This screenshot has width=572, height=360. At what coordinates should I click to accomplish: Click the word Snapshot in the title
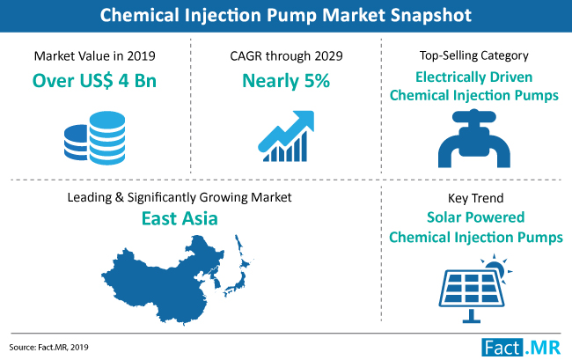point(431,16)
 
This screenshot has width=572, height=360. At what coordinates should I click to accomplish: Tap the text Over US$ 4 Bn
point(94,81)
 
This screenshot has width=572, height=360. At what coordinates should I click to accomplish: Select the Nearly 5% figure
point(286,81)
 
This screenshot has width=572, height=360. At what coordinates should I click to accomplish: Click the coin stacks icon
point(94,138)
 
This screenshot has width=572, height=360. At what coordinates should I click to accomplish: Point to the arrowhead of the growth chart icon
point(304,120)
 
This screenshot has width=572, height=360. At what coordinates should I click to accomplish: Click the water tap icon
point(473,138)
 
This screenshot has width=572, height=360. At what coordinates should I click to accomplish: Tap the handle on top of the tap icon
point(473,116)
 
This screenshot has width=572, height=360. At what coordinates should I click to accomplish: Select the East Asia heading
point(180,218)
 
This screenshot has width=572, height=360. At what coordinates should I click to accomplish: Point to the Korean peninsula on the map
point(216,280)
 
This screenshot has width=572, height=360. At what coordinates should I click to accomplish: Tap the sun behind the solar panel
point(496,268)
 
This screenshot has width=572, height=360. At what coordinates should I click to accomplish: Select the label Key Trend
point(475,198)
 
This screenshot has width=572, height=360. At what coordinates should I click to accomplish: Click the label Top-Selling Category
point(473,55)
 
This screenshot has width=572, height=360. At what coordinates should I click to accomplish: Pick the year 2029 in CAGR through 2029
point(328,55)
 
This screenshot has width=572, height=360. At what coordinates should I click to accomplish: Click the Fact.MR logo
point(521,348)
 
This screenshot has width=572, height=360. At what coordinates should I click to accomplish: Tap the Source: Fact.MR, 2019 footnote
point(49,347)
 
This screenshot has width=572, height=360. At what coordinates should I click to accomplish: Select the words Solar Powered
point(476,217)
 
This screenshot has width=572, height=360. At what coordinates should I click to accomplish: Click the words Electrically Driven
point(473,77)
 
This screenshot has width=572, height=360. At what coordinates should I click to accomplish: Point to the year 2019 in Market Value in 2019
point(141,55)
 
